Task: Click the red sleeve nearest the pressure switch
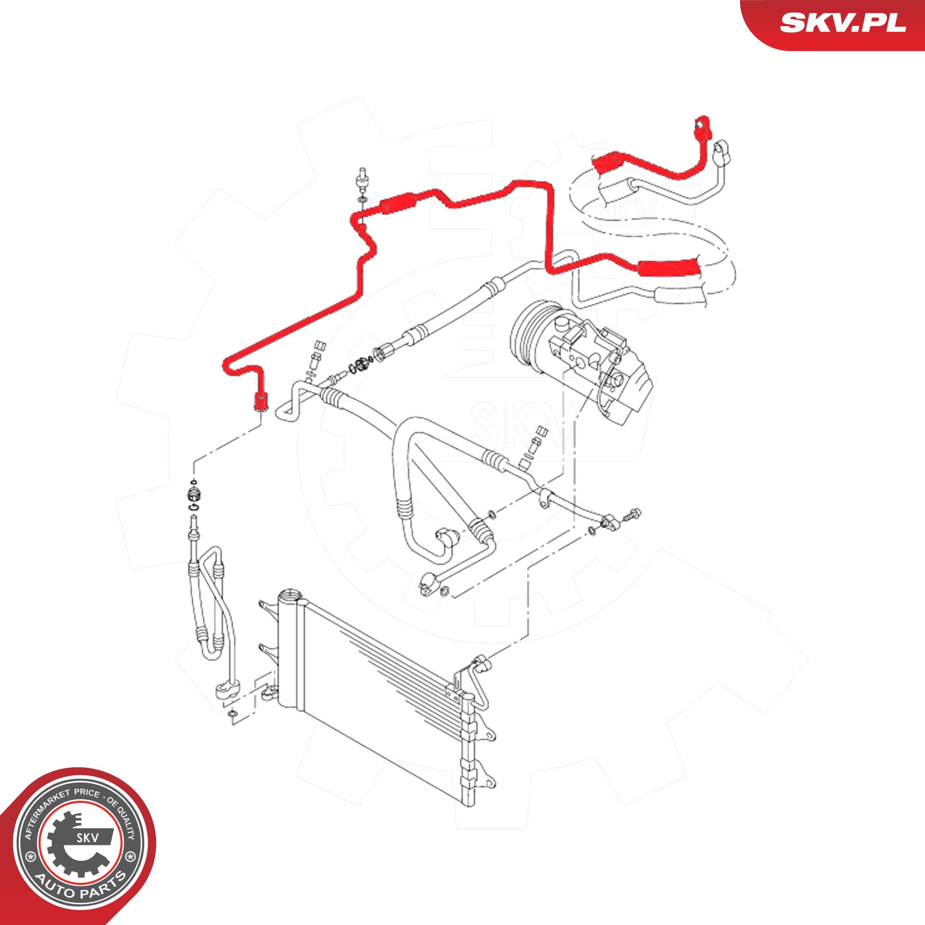(398, 203)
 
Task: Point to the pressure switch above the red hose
(362, 181)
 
